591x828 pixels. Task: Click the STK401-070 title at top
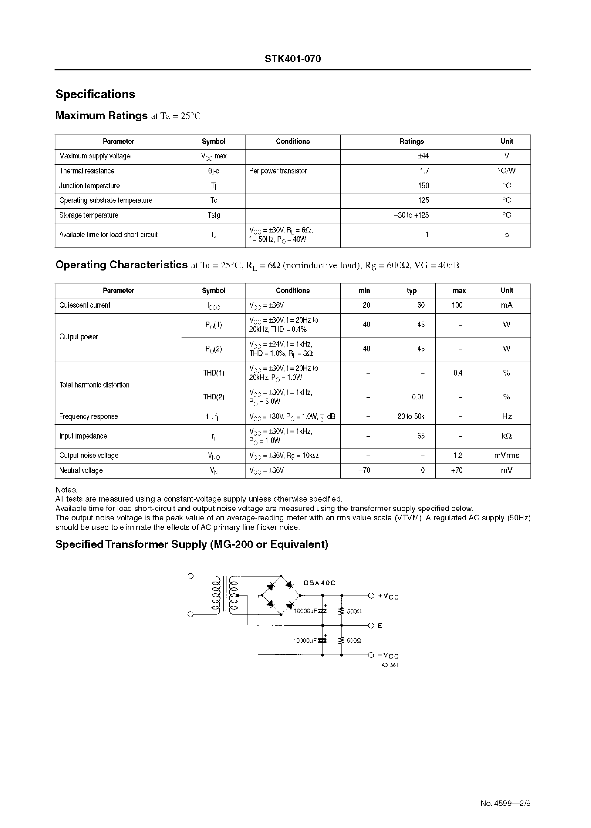point(293,59)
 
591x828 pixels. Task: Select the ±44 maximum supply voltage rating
point(423,156)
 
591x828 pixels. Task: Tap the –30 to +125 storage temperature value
point(411,215)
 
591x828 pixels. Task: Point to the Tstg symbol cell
point(214,215)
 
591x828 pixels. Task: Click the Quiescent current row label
point(84,305)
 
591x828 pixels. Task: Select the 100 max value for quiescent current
point(457,305)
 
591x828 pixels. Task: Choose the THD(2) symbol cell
point(214,397)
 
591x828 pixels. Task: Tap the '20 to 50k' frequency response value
point(411,416)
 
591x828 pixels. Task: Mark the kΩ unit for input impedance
point(506,436)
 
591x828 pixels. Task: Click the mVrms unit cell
point(506,455)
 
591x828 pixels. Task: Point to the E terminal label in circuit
point(380,626)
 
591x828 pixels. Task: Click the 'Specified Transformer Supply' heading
point(192,544)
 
